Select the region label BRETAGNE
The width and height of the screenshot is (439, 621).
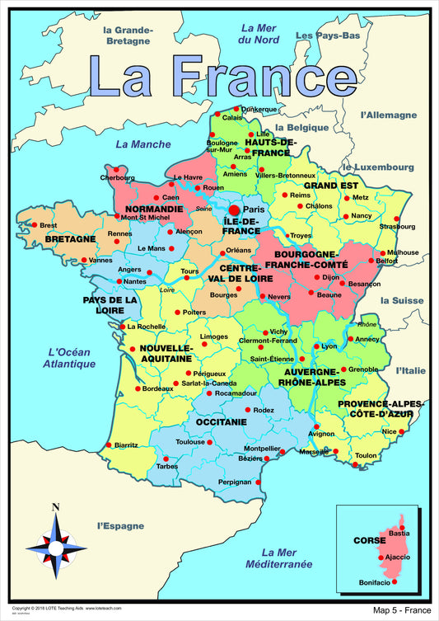coord(71,239)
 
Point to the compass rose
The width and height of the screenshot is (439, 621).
coord(55,545)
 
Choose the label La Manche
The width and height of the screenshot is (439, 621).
coord(142,143)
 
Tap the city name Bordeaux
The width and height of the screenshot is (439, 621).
coord(157,388)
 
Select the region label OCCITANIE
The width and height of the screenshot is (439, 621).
coord(221,421)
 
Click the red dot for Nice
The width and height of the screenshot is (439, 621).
coord(401,431)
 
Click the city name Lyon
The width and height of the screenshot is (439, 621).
coord(329,346)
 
